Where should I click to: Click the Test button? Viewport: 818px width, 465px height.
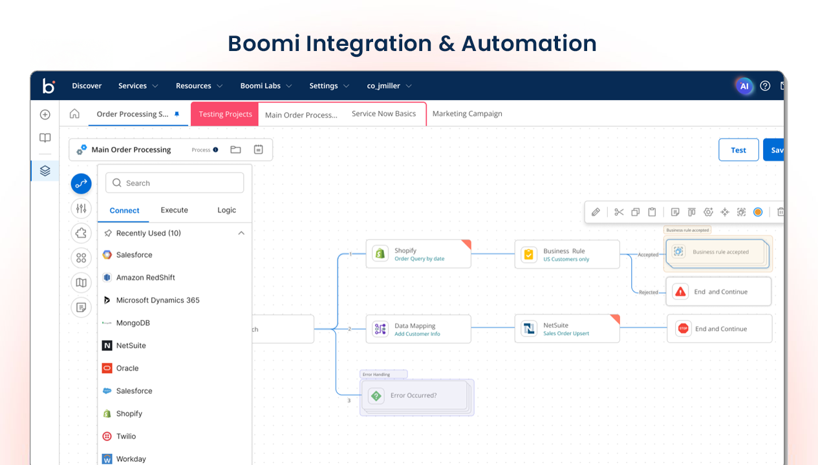[x=738, y=150]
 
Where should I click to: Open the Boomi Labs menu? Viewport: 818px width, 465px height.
[x=266, y=86]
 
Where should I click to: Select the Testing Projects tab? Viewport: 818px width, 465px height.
[x=225, y=114]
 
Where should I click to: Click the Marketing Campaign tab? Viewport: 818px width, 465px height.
[x=467, y=114]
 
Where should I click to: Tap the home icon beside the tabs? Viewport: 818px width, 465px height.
[x=74, y=114]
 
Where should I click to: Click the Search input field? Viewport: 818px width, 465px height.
[x=175, y=183]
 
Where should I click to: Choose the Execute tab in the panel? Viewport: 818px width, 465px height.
[x=174, y=210]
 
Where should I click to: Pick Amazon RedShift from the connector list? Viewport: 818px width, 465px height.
[x=145, y=278]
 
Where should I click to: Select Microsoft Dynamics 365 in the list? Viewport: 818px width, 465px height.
[x=157, y=300]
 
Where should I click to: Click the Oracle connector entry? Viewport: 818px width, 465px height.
[x=127, y=368]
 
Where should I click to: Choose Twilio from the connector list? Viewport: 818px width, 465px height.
[x=126, y=437]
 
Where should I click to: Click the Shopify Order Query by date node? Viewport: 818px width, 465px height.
[x=418, y=254]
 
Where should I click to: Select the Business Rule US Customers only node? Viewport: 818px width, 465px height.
[x=566, y=254]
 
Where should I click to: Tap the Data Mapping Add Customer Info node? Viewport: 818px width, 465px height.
[x=418, y=329]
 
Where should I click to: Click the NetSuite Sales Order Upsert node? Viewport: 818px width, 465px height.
[x=566, y=329]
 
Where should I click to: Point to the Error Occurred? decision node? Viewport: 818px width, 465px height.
[x=414, y=396]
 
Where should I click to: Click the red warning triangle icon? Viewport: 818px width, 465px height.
[x=680, y=292]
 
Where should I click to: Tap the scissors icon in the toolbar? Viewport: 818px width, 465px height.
[x=619, y=212]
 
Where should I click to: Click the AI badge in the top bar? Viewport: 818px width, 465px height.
[x=744, y=86]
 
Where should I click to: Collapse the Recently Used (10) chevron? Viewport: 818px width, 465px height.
[x=241, y=233]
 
